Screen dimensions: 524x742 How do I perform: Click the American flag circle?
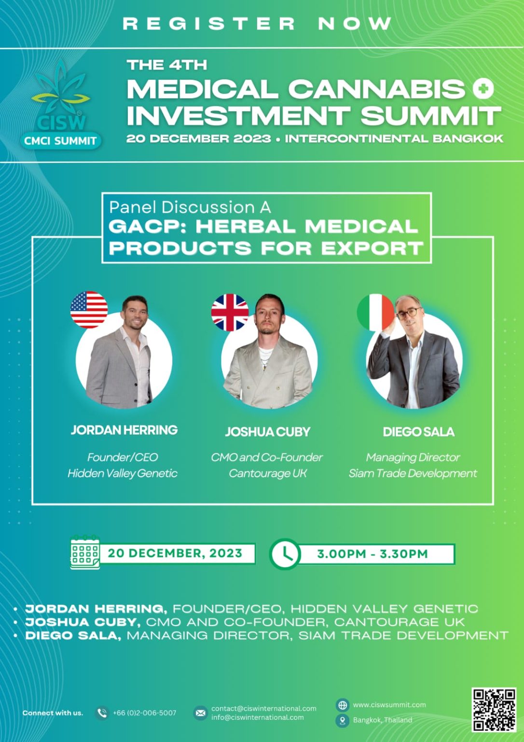point(89,310)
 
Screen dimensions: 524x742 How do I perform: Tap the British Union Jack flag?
point(230,313)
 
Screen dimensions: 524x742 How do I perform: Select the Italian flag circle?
point(375,313)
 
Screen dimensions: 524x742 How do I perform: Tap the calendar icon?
point(85,552)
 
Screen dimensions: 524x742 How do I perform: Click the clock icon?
point(285,554)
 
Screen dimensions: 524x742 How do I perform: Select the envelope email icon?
point(200,713)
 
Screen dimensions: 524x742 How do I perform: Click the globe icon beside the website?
point(343,705)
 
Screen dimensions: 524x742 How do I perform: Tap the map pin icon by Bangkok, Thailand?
point(343,721)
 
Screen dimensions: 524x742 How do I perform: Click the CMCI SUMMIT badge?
point(60,141)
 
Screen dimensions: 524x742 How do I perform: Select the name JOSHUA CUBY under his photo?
point(268,431)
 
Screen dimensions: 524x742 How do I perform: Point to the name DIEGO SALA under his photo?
point(418,431)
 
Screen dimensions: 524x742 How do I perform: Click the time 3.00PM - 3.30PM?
point(372,554)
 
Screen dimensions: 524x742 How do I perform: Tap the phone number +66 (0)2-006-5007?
point(145,713)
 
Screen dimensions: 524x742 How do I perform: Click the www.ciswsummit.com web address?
point(389,705)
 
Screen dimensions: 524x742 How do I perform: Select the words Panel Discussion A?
point(190,207)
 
